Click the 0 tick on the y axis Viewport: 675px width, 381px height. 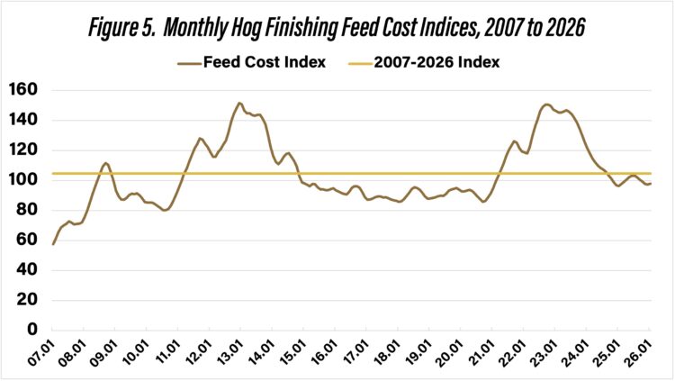click(x=31, y=330)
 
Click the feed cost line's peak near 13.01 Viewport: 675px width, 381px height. click(x=239, y=103)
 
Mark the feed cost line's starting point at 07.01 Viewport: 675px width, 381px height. click(x=53, y=244)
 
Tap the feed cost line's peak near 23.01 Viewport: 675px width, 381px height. click(x=546, y=104)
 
